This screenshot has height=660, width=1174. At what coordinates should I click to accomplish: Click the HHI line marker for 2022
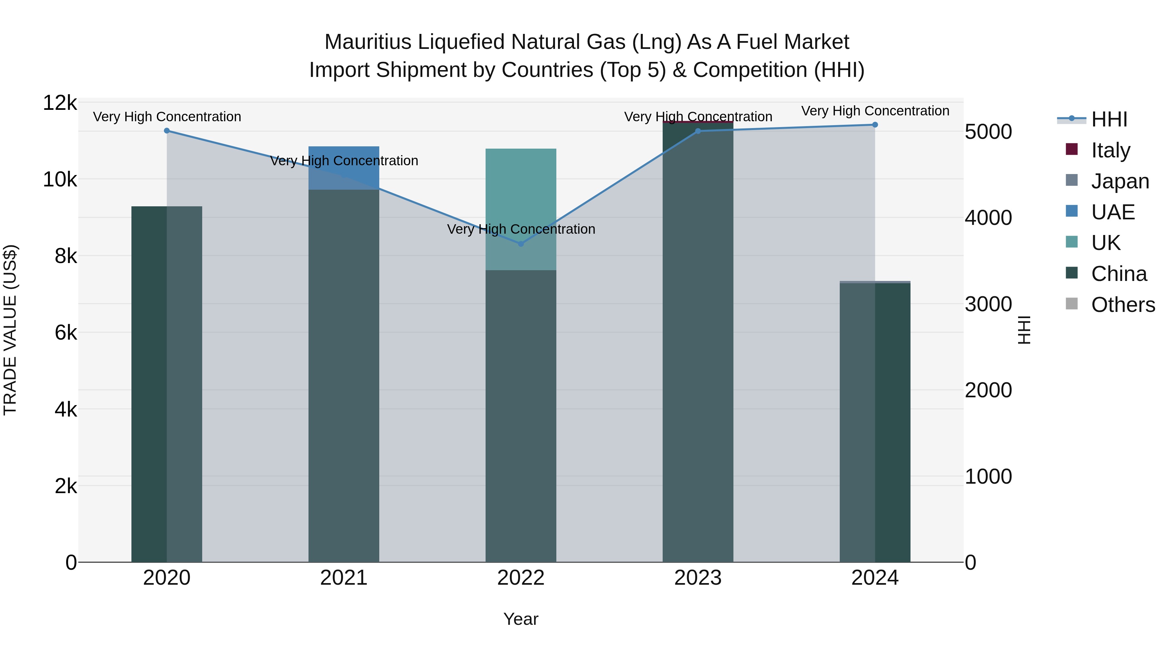(x=521, y=244)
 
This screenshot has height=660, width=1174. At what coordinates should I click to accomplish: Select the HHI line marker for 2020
(x=167, y=131)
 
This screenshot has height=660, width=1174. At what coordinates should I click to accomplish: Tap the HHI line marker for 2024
(x=875, y=125)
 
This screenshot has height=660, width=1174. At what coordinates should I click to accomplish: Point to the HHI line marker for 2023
(x=698, y=131)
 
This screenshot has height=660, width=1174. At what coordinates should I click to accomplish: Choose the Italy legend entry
(x=1110, y=150)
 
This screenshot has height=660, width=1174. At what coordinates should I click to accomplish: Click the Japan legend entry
(x=1119, y=181)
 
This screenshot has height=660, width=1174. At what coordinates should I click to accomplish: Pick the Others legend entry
(x=1122, y=305)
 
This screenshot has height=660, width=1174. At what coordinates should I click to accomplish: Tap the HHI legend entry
(x=1108, y=119)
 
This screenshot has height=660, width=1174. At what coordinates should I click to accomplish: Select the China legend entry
(x=1119, y=274)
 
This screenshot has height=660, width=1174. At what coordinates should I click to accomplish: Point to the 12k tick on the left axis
(x=60, y=103)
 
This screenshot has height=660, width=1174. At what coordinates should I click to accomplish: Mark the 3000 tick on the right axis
(x=988, y=304)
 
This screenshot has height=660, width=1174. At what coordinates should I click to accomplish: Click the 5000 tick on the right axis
(x=988, y=132)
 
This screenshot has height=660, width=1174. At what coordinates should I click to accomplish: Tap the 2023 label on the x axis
(x=698, y=578)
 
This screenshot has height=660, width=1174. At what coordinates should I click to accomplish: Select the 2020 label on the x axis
(x=167, y=578)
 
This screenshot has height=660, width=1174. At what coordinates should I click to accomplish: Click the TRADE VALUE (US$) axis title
(x=10, y=330)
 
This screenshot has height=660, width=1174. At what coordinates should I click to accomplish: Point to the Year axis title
(x=521, y=619)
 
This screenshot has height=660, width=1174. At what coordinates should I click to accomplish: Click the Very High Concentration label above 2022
(x=521, y=229)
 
